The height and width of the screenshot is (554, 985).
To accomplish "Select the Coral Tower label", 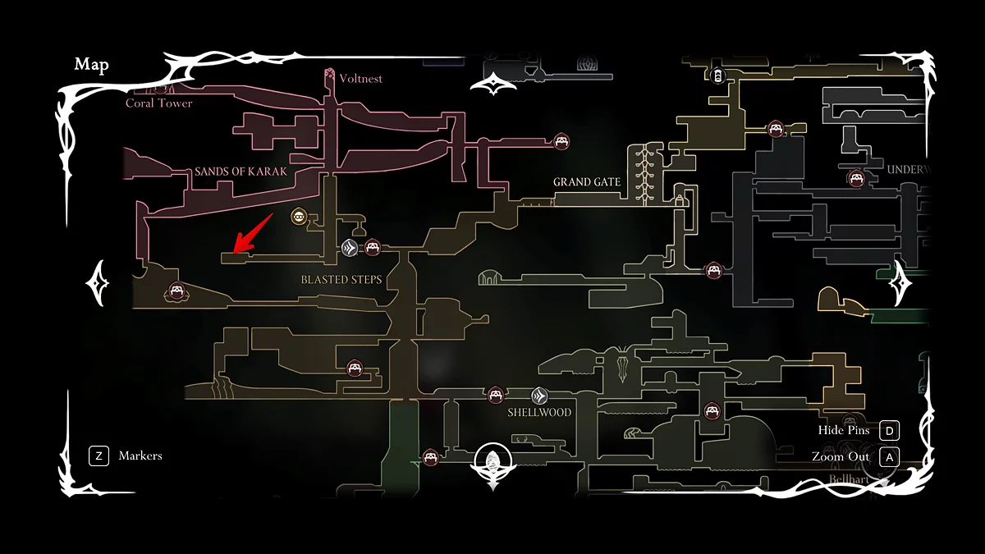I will (x=159, y=103).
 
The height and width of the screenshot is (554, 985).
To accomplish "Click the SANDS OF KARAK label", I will (x=241, y=172).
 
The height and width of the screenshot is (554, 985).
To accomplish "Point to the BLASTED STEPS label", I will (x=341, y=279).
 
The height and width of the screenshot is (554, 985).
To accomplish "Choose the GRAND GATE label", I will (x=587, y=181).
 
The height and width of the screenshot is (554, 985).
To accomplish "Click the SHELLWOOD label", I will (x=539, y=412).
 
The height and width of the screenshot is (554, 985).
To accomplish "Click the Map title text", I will (x=91, y=65).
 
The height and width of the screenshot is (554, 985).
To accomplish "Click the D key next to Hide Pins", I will (x=889, y=431).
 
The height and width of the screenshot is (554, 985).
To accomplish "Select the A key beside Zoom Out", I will (x=889, y=456).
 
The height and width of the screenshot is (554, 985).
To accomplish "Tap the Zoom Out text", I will (x=841, y=456).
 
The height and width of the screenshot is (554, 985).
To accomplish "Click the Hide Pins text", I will (x=843, y=431).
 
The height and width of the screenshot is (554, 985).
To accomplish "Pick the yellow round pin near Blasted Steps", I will (x=300, y=217).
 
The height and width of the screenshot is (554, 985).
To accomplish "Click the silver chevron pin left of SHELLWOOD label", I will (x=538, y=395).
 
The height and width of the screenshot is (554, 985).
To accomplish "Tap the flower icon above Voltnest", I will (x=330, y=74).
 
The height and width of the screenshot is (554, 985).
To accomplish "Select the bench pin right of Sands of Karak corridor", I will (x=561, y=141).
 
